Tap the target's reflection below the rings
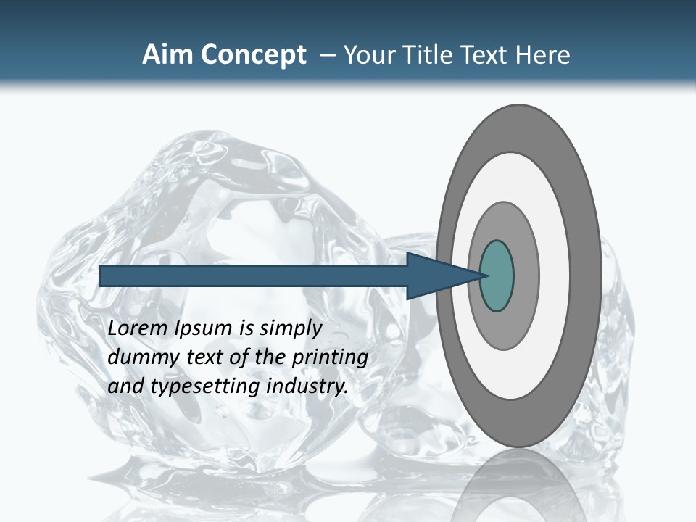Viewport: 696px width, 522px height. point(519,486)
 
